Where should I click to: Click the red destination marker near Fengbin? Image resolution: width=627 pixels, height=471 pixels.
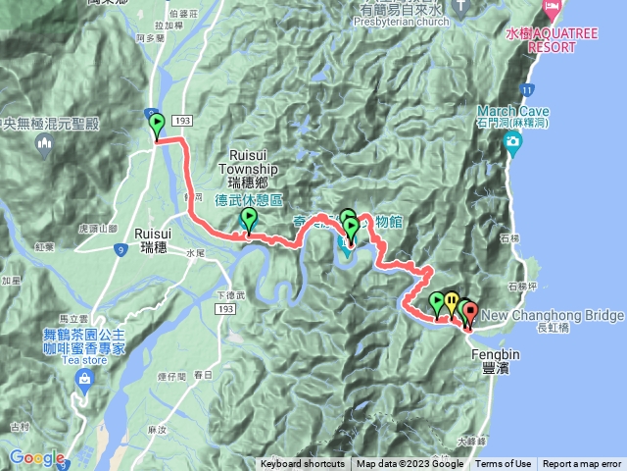click(469, 314)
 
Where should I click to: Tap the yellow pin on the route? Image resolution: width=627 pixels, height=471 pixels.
click(451, 301)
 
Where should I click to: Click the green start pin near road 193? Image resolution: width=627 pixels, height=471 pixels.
click(157, 125)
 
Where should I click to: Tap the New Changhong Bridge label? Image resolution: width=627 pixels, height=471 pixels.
click(553, 316)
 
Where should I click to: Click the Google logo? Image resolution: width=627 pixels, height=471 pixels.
click(37, 457)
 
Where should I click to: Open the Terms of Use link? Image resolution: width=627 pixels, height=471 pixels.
click(504, 464)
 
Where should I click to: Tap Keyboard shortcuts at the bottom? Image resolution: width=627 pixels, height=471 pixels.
click(302, 464)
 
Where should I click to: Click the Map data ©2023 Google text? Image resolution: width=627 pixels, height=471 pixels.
click(410, 464)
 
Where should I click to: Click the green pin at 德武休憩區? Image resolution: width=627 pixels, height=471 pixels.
click(248, 220)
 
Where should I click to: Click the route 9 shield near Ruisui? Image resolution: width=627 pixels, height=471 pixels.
click(121, 250)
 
